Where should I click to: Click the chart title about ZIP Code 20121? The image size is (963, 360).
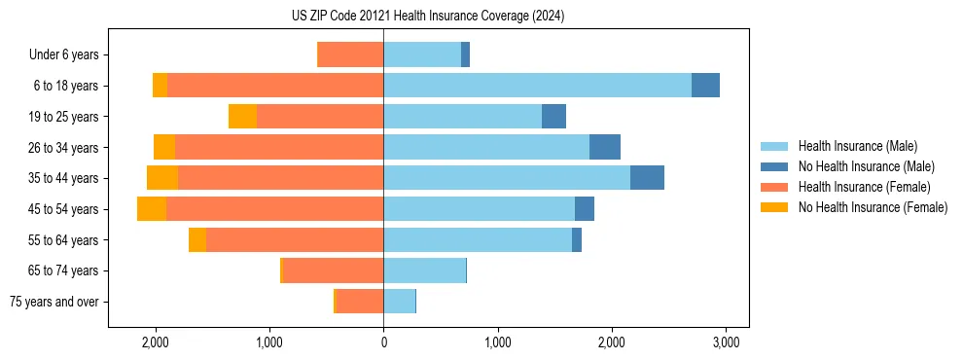[428, 17]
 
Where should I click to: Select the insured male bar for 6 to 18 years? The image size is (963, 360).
[537, 86]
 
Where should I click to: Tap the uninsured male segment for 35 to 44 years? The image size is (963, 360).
[647, 178]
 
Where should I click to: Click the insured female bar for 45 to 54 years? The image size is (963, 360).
[274, 209]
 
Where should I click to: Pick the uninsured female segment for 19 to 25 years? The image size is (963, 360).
[242, 117]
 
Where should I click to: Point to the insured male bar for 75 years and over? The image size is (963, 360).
[399, 302]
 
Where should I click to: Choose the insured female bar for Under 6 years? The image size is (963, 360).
[351, 55]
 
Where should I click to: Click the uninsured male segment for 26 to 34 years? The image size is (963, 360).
[605, 148]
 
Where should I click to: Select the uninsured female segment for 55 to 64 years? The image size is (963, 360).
[197, 240]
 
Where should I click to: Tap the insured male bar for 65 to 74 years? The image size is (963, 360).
[424, 270]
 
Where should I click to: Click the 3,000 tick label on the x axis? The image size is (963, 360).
[725, 342]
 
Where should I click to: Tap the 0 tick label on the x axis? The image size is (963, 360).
[383, 342]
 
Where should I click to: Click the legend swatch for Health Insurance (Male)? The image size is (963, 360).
[774, 146]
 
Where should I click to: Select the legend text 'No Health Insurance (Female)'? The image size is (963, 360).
[873, 207]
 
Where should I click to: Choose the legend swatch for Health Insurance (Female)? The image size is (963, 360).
[774, 187]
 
